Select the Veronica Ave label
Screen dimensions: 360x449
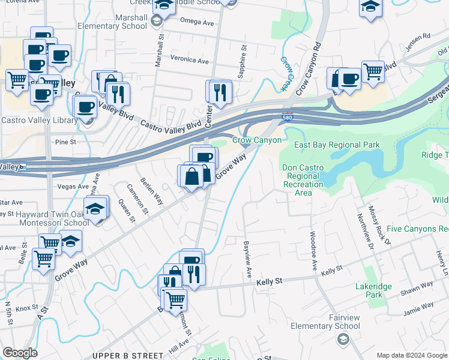[189, 61]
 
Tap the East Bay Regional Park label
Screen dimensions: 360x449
[337, 145]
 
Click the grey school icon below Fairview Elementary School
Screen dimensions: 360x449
[342, 340]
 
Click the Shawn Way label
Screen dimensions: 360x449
[412, 290]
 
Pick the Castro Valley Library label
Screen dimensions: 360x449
[39, 121]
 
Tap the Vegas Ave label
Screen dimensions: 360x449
[73, 187]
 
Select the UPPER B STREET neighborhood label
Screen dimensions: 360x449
[128, 356]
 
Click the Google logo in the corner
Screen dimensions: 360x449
[20, 353]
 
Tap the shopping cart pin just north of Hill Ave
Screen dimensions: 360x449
[175, 298]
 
